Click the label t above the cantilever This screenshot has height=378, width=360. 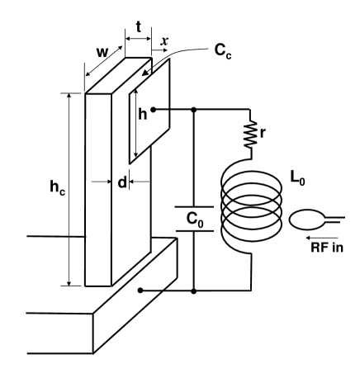coord(137,26)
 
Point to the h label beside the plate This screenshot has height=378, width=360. coord(142,115)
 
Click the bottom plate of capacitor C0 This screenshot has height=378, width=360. coord(195,233)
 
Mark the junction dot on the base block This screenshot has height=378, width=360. coord(141,291)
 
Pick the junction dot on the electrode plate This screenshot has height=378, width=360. coord(154,108)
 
